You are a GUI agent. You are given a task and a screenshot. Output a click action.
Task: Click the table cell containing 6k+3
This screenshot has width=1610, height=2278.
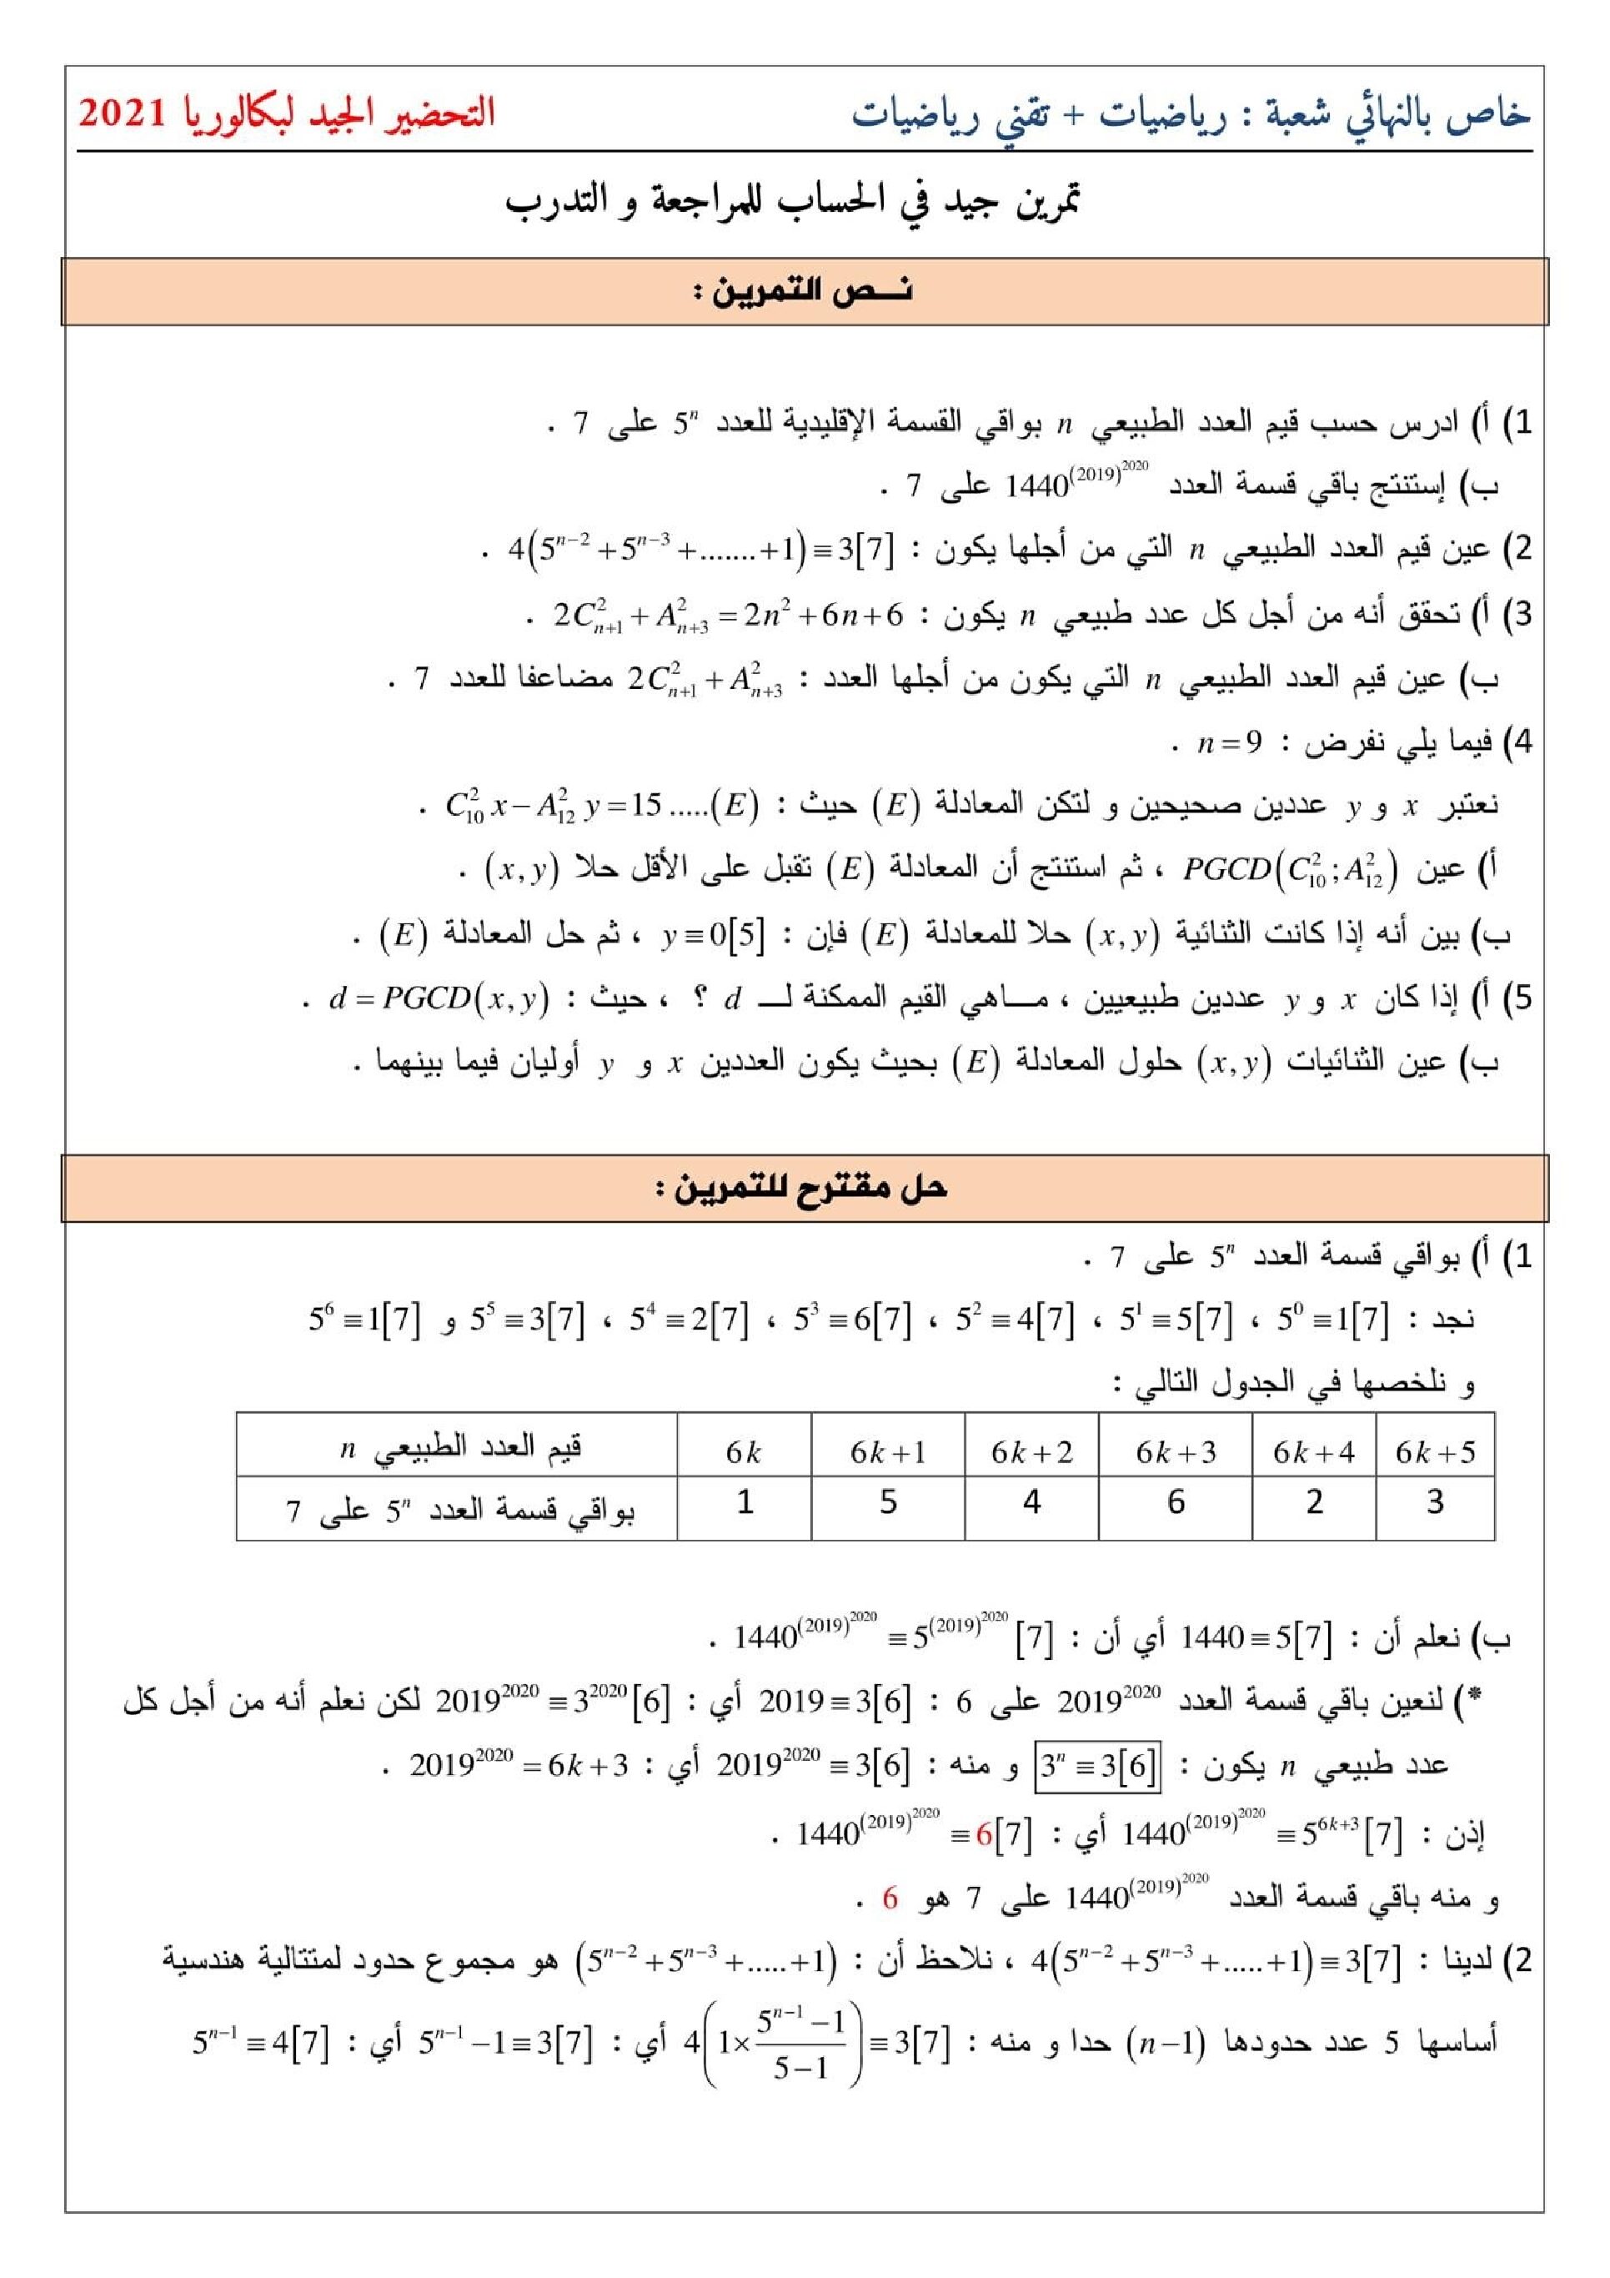coord(1176,1452)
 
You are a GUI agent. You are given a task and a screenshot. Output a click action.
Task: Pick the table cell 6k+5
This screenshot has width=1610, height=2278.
coord(1434,1452)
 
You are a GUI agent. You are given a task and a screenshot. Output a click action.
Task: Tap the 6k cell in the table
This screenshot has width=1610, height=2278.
coord(743,1452)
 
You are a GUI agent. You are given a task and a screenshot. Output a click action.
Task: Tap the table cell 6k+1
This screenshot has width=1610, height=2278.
coord(888,1452)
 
